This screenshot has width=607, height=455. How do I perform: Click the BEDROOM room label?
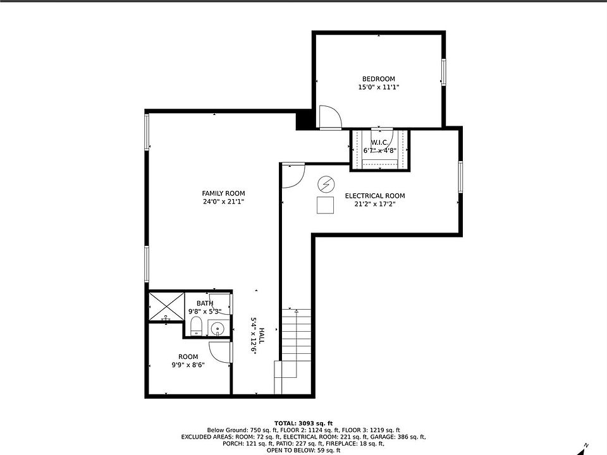pos(378,79)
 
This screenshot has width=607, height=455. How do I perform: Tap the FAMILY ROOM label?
pos(223,193)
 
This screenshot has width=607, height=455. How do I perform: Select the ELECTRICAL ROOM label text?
pos(375,196)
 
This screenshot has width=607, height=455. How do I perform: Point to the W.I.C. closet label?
pos(379,143)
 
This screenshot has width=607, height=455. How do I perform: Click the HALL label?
pos(262,336)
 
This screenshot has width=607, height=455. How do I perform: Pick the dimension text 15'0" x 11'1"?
pos(378,87)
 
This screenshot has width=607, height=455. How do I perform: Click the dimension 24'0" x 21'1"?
pos(223,202)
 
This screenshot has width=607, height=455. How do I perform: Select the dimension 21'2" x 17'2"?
pos(375,204)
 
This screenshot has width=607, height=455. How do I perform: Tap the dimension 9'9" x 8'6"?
pos(188,365)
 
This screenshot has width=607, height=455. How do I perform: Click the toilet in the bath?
pos(197,326)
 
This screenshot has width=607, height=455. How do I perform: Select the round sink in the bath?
pos(218,329)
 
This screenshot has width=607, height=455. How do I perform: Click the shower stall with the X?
pos(167,306)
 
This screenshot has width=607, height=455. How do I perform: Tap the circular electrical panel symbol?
pos(326,185)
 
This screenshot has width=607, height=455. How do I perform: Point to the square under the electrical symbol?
pos(325,205)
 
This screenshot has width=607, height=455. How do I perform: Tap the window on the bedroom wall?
pos(444,72)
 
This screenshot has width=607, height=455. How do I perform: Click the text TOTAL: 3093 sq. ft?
pos(303,423)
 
